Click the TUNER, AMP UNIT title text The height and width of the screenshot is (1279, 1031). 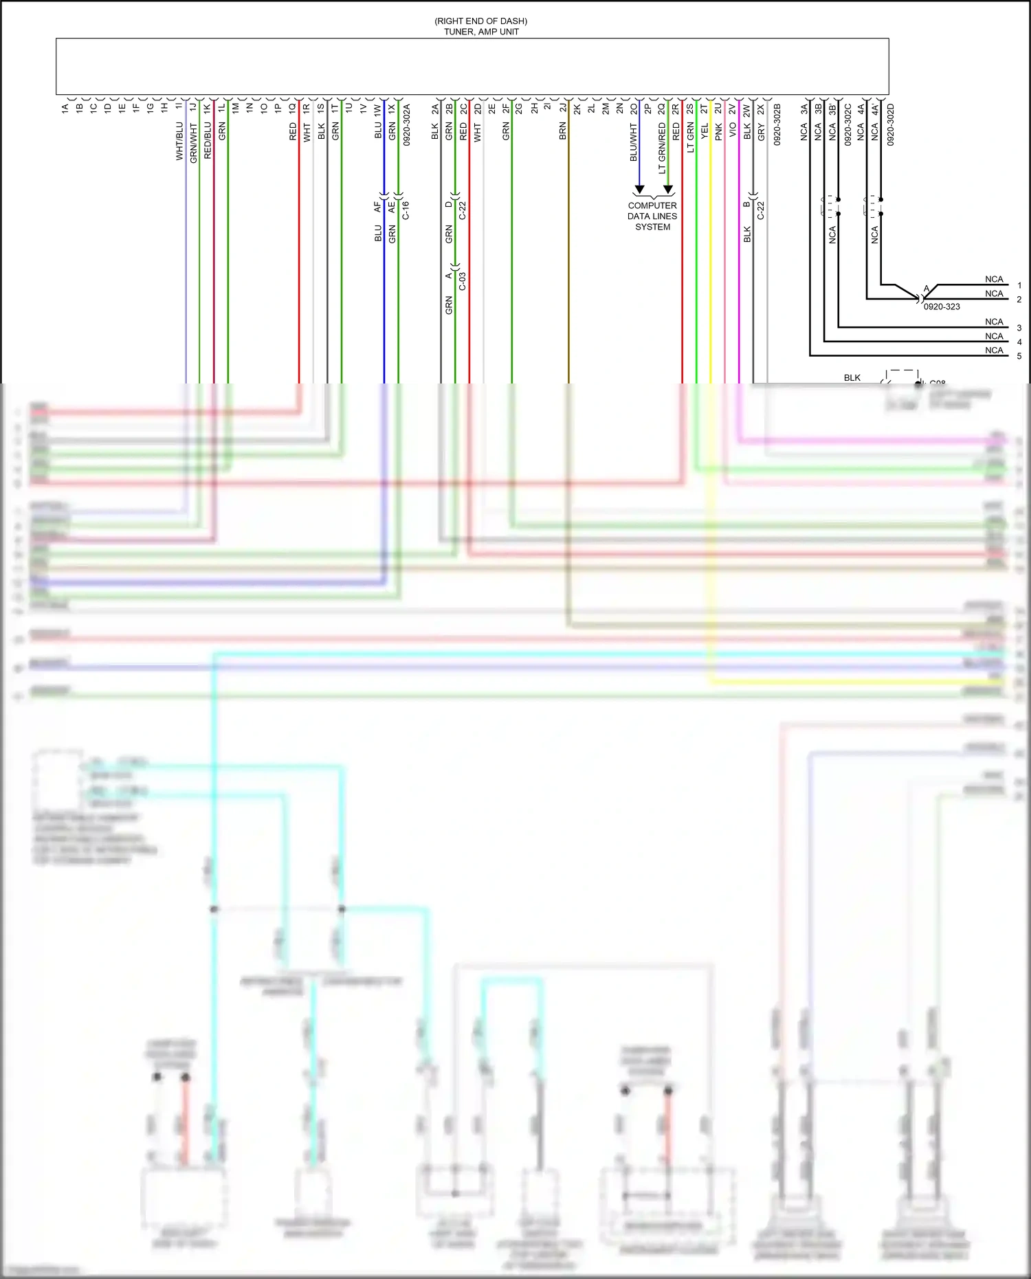pos(481,32)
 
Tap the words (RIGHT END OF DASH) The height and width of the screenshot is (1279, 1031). pos(481,21)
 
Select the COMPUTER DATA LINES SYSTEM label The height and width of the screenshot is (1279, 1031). pos(652,216)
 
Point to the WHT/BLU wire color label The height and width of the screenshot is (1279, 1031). pos(180,142)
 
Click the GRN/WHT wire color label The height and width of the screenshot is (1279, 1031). pos(194,143)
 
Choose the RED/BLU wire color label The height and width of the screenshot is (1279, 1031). pos(208,142)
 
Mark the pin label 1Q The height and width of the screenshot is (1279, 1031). pos(293,109)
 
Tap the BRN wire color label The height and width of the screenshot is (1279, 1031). pos(563,131)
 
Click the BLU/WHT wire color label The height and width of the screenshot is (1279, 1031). pos(634,142)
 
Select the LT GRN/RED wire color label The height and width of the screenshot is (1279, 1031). pos(663,148)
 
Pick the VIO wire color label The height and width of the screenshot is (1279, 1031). pos(733,130)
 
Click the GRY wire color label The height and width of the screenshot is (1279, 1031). pos(762,133)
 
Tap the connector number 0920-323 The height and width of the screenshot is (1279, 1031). pos(942,307)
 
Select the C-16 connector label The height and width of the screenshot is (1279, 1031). pos(406,210)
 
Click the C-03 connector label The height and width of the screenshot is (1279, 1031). pos(463,281)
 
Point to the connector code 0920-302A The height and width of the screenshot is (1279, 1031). pos(407,124)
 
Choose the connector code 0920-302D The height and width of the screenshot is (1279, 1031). pos(891,124)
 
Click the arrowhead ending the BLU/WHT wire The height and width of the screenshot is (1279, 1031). pos(639,189)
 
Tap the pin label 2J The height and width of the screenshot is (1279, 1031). pos(563,108)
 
